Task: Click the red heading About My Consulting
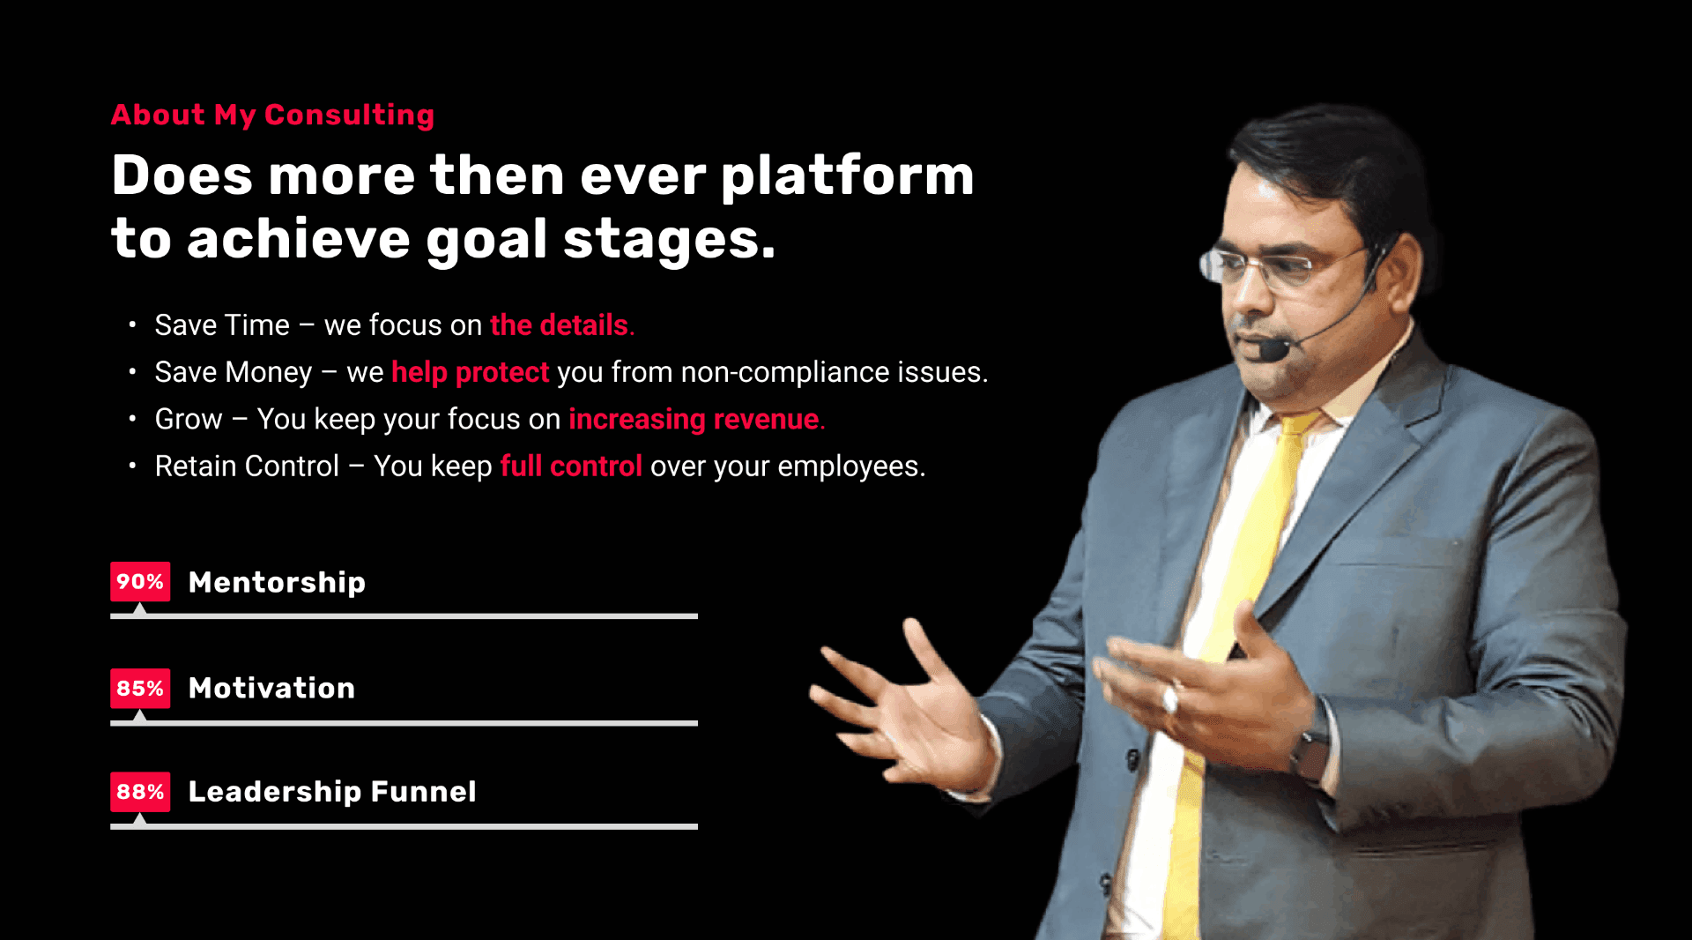[272, 115]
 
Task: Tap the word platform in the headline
[848, 177]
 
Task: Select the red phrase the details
[561, 325]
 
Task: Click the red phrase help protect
[471, 372]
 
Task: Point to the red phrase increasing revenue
[696, 419]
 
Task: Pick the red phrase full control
[571, 466]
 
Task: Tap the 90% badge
[140, 582]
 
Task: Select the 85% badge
[140, 688]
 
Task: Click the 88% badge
[140, 792]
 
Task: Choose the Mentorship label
[277, 583]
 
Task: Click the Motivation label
[271, 688]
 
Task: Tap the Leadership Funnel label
[332, 792]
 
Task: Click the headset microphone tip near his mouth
[1273, 350]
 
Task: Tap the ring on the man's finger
[1169, 699]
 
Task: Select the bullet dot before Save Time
[132, 325]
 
